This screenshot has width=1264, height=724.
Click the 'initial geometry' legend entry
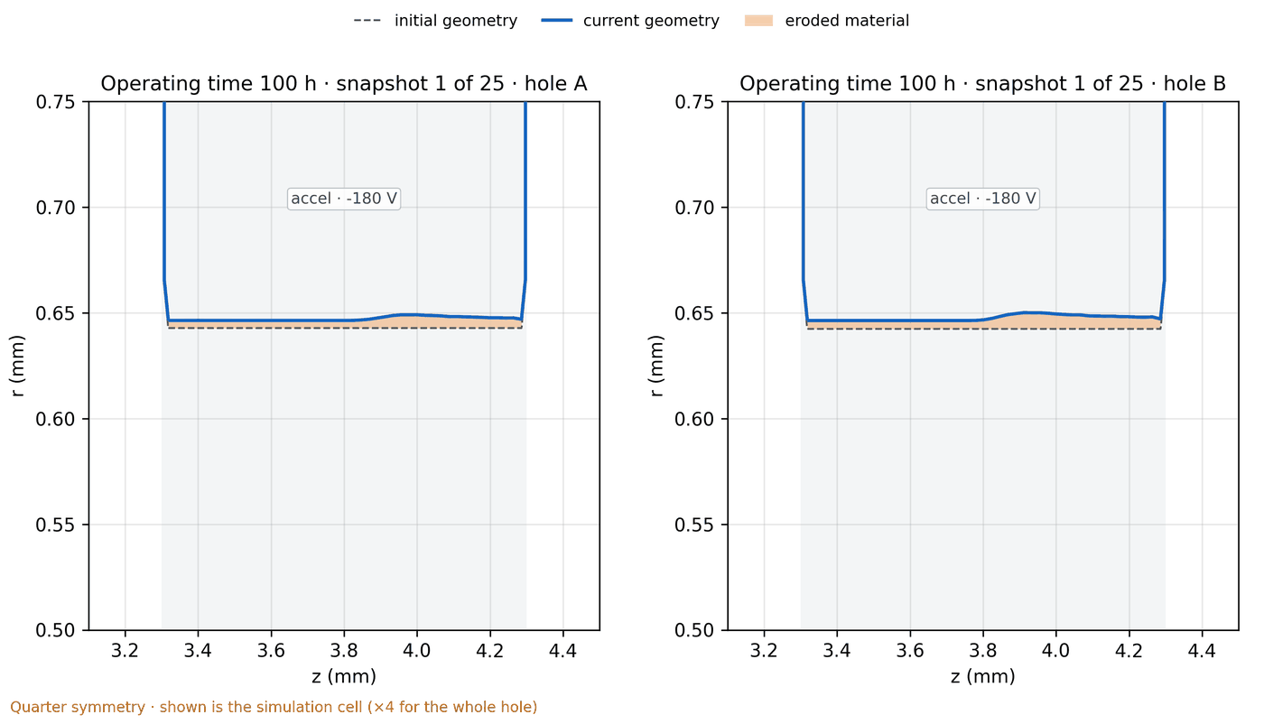pos(435,21)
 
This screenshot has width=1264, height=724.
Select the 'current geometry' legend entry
pos(630,21)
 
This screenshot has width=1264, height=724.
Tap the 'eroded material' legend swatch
pos(758,21)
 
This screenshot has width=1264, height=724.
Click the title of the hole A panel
pos(344,84)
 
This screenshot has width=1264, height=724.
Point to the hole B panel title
pos(982,84)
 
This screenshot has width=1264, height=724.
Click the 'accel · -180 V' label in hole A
pos(344,199)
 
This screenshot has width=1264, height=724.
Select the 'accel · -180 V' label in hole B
pos(982,199)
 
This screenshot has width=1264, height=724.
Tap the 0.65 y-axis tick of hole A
pos(55,313)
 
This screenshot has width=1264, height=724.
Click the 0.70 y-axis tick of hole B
pos(693,208)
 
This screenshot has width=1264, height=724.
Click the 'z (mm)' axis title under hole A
pos(344,676)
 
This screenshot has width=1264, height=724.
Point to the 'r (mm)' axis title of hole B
pos(656,366)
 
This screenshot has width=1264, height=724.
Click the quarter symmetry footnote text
pos(274,707)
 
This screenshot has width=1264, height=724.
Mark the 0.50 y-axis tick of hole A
pos(55,630)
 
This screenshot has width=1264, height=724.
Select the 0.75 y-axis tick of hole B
pos(693,102)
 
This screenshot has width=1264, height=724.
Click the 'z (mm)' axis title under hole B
pos(982,676)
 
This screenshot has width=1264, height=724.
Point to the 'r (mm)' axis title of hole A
pos(17,366)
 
